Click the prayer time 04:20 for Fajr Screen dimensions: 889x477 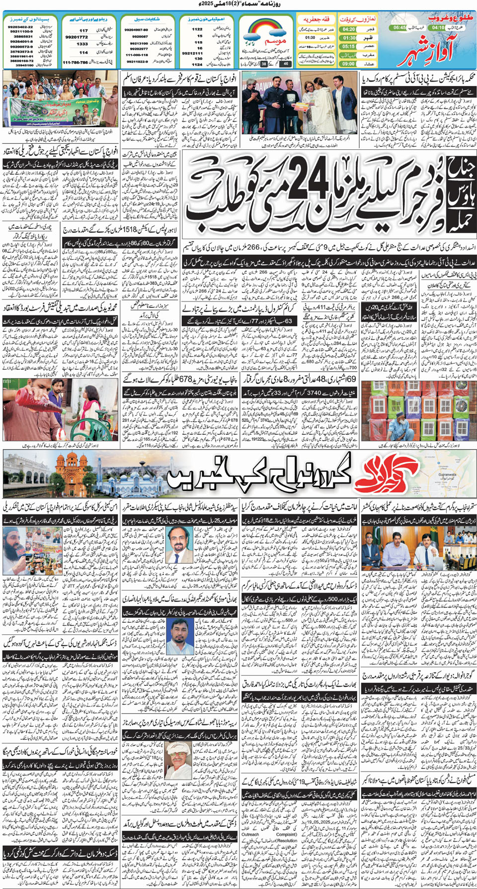pyautogui.click(x=348, y=29)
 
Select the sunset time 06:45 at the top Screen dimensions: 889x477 pyautogui.click(x=399, y=28)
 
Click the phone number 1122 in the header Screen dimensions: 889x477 pyautogui.click(x=197, y=29)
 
